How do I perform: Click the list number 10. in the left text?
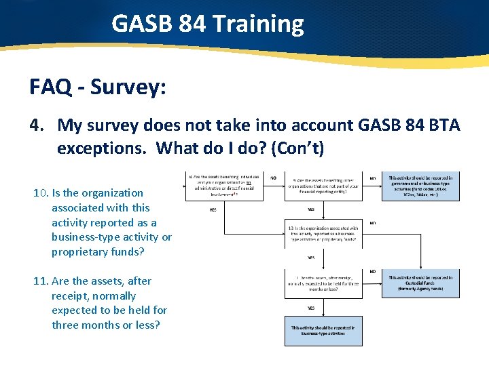point(41,193)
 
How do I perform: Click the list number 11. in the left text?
point(41,281)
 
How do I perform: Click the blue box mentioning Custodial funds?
point(420,283)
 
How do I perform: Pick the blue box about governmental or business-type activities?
point(420,186)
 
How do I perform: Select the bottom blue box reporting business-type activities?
point(323,330)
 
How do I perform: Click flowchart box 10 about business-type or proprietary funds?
point(323,232)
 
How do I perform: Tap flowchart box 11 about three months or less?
point(323,283)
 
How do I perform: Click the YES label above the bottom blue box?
point(311,308)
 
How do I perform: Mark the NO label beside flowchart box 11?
point(373,272)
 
